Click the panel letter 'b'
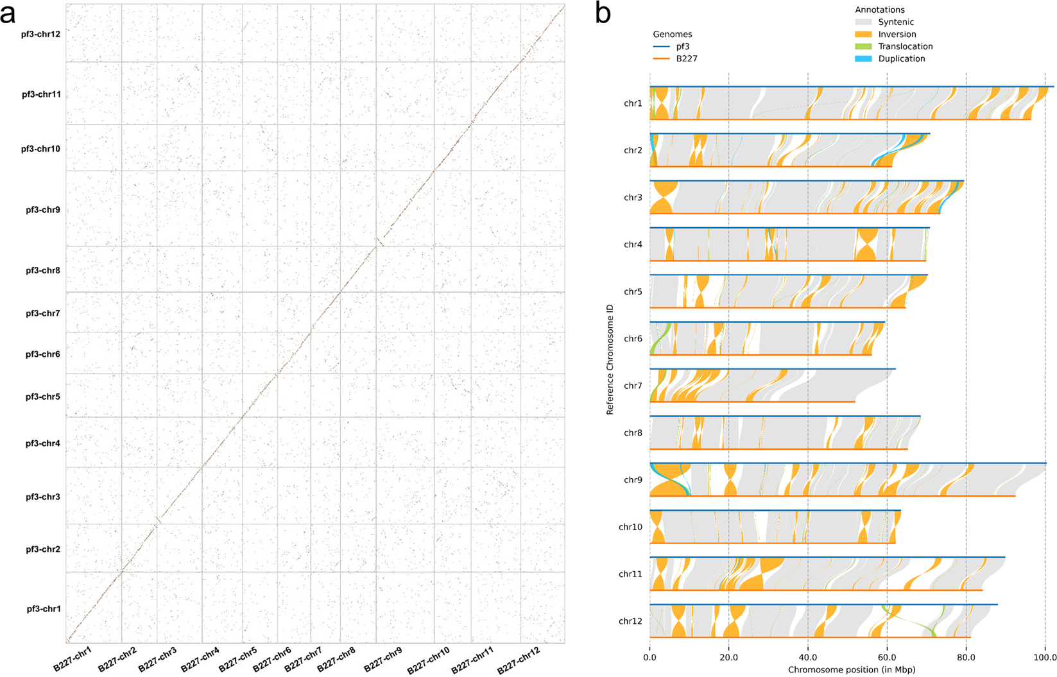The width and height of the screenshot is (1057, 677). pyautogui.click(x=603, y=13)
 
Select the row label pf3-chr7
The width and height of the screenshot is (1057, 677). pyautogui.click(x=43, y=314)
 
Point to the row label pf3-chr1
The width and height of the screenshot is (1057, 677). pyautogui.click(x=44, y=609)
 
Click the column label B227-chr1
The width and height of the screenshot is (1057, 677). pyautogui.click(x=73, y=659)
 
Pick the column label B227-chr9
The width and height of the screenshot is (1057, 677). pyautogui.click(x=383, y=659)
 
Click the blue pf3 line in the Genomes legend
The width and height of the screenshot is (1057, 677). pyautogui.click(x=661, y=47)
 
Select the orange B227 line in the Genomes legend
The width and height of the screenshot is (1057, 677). pyautogui.click(x=661, y=58)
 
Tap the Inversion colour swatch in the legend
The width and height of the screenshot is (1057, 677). pyautogui.click(x=863, y=34)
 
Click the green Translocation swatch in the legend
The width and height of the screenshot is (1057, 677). pyautogui.click(x=863, y=46)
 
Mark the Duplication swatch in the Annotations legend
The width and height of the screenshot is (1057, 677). pyautogui.click(x=863, y=58)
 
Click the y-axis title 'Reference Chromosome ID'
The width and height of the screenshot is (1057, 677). pyautogui.click(x=610, y=359)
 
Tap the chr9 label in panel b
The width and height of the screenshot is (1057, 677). pyautogui.click(x=633, y=480)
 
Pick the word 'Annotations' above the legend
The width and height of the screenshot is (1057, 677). pyautogui.click(x=879, y=10)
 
